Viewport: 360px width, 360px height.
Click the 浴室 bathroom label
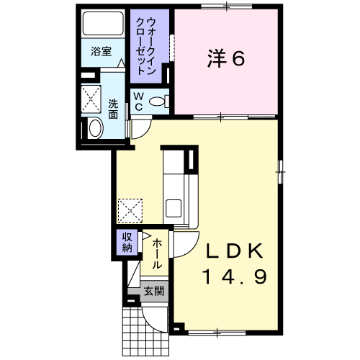point(101,52)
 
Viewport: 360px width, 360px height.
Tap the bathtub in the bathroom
point(103,23)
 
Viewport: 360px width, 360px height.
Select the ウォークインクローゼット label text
point(146,46)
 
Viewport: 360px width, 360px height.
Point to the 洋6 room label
point(226,58)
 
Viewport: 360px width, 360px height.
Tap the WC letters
point(138,102)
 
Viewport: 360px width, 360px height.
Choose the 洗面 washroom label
point(113,109)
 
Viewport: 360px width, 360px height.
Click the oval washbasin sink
point(96,128)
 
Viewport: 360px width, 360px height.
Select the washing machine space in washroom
point(91,99)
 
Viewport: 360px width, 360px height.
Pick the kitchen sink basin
point(174,208)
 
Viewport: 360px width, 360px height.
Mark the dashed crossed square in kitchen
point(130,211)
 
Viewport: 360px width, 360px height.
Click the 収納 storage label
point(127,243)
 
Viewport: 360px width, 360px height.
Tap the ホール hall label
point(157,253)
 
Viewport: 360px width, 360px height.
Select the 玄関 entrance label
point(154,292)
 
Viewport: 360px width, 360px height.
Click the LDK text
point(234,251)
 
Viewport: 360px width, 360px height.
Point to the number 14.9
point(235,276)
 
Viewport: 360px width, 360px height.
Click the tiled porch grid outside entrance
point(144,333)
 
